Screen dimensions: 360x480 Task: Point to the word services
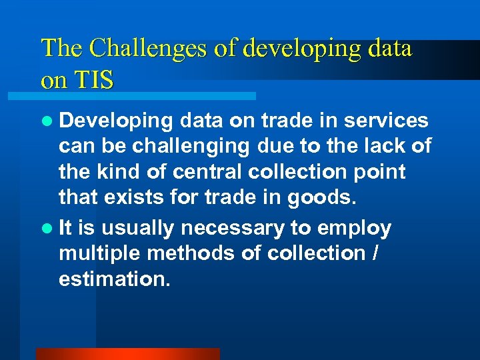click(x=392, y=120)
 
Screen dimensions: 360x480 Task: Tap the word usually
click(x=138, y=229)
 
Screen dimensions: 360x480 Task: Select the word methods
click(x=185, y=253)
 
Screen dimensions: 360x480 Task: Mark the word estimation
click(x=115, y=279)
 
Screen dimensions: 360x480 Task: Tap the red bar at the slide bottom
click(x=127, y=354)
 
